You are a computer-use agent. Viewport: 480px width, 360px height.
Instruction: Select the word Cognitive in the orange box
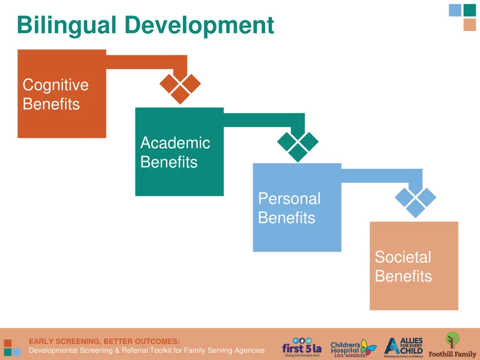[55, 85]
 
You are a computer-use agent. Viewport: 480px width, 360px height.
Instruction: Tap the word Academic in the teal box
[175, 142]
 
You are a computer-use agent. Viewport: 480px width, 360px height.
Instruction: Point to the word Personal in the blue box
[289, 198]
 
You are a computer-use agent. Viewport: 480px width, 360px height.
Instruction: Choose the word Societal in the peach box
[403, 257]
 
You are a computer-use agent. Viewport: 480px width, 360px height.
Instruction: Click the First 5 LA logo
[302, 348]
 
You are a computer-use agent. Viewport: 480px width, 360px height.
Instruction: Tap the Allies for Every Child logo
[403, 347]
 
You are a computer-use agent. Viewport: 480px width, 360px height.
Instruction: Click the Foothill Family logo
[452, 346]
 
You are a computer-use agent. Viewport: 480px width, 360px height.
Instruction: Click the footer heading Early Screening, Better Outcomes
[104, 341]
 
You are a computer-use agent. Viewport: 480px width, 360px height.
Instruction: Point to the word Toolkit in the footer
[158, 350]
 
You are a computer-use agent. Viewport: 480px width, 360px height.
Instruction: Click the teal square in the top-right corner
[469, 10]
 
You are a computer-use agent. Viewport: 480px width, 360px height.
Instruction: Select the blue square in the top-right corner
[455, 10]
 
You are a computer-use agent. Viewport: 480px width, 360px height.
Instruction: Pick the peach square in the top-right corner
[469, 25]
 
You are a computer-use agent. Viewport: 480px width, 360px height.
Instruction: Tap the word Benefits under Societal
[403, 276]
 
